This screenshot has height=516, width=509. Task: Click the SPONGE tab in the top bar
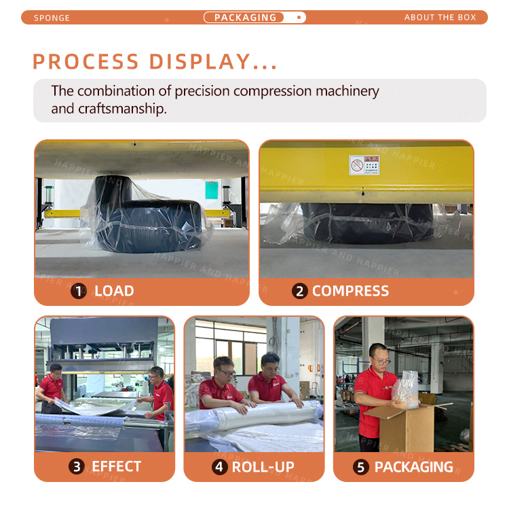52,18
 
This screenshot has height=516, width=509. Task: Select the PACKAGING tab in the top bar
245,18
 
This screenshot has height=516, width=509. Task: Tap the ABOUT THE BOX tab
440,18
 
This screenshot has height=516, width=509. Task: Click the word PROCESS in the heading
86,62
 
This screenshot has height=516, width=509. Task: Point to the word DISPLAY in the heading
200,62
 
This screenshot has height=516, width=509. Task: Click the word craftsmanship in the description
122,108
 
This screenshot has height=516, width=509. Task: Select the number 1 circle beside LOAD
79,291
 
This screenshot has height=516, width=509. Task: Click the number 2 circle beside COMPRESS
300,291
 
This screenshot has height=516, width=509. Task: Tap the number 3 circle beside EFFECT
77,466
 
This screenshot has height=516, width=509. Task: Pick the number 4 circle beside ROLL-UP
219,467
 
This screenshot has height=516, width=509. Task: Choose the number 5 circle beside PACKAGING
361,467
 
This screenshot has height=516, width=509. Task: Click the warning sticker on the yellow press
364,165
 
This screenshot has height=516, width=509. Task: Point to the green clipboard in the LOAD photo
212,190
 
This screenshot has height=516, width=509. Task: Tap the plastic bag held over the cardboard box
406,390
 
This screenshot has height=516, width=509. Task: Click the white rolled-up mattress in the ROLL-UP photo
263,415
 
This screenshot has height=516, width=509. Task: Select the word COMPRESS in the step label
350,291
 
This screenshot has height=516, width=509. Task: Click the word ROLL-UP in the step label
263,467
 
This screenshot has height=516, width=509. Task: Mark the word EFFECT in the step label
117,466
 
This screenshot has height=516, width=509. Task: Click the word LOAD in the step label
114,291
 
